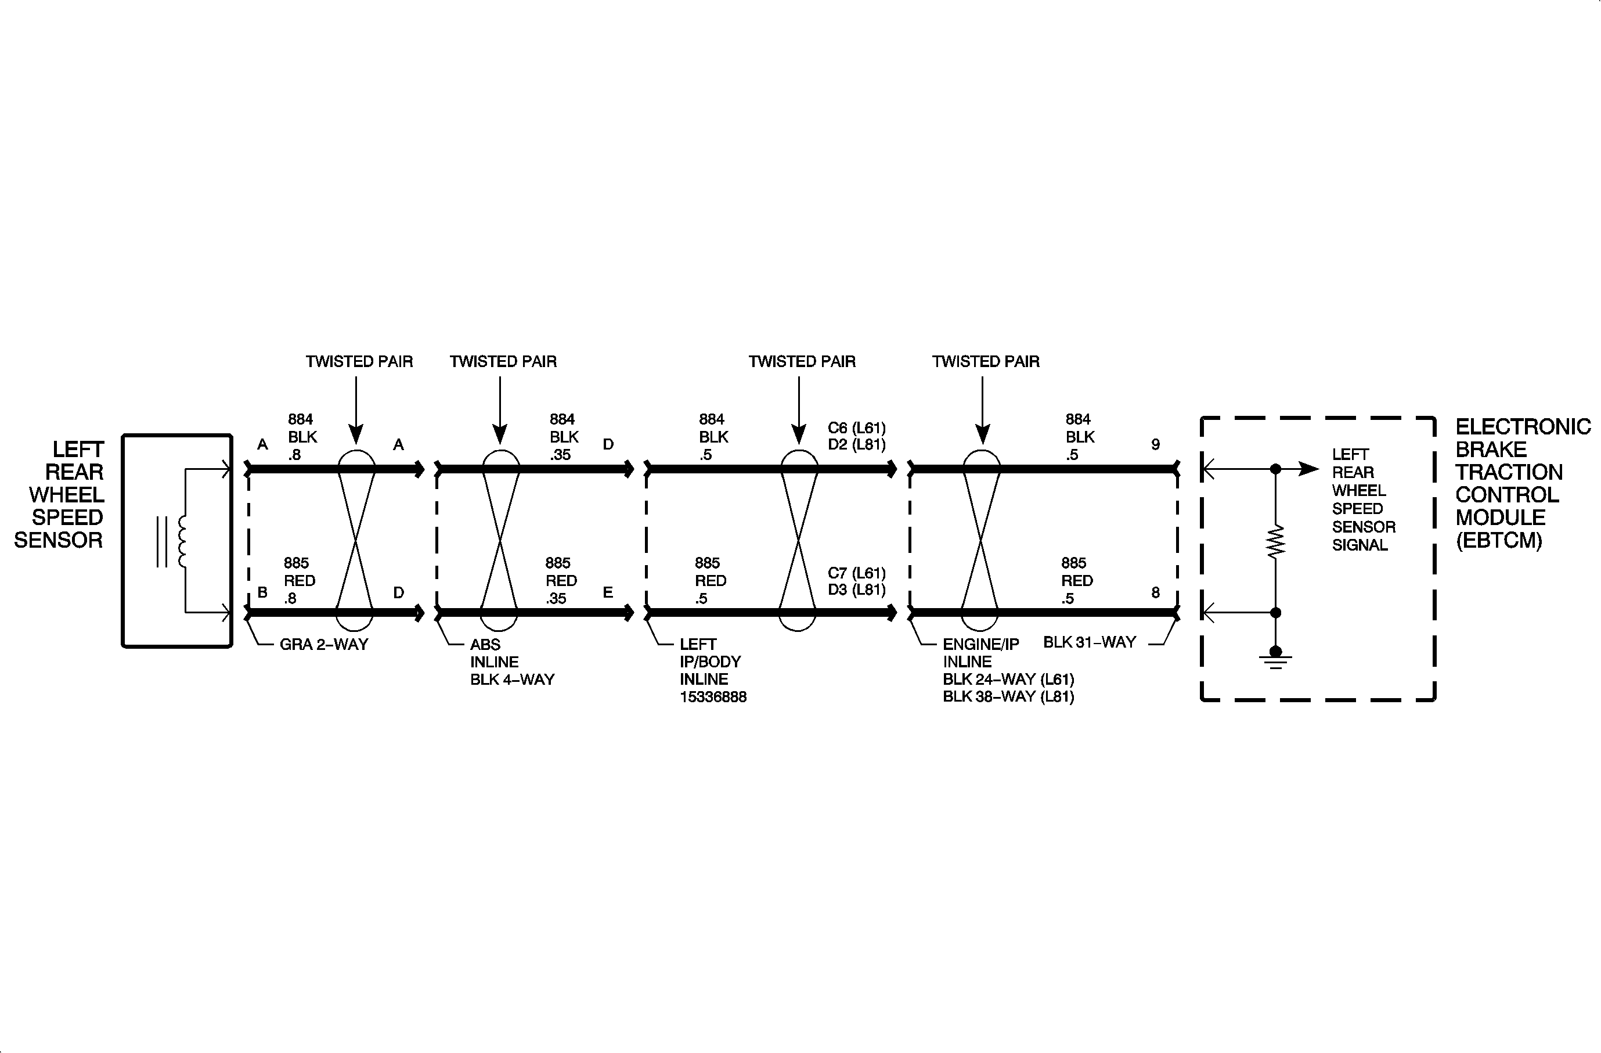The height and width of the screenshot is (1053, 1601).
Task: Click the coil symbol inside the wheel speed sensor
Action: point(182,542)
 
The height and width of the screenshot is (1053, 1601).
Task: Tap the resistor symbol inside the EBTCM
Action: point(1275,542)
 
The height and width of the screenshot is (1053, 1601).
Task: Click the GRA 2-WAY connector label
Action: point(323,645)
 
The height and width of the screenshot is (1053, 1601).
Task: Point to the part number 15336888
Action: point(713,697)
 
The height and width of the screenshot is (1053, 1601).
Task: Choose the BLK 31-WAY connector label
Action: point(1089,642)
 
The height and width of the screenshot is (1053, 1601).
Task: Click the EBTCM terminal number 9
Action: point(1155,445)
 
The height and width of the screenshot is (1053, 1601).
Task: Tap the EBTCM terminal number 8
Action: point(1155,593)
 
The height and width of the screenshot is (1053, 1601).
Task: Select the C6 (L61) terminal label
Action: point(856,428)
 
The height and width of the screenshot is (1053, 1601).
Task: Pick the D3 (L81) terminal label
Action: point(856,590)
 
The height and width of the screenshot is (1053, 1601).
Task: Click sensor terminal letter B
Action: point(262,593)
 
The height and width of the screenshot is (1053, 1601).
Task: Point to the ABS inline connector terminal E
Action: point(607,593)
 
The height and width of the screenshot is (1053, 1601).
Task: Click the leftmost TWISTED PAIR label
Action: point(359,362)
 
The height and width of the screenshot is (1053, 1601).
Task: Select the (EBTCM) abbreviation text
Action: point(1498,541)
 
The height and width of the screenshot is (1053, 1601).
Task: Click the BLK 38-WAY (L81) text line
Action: point(1008,697)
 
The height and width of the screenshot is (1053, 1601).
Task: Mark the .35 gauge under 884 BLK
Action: point(560,455)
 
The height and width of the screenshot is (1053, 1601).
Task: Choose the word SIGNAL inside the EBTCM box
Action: point(1360,545)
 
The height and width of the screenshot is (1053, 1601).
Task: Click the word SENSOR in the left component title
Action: point(59,540)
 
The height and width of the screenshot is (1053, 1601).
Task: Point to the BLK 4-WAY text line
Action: point(512,680)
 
